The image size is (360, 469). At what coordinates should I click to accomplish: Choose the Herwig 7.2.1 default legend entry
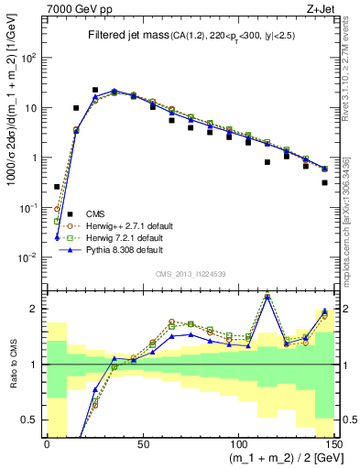tap(120, 236)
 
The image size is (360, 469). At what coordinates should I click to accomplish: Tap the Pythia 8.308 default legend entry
tap(119, 249)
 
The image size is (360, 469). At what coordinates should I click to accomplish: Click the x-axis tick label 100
tap(237, 442)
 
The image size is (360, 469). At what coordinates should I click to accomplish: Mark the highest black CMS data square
tap(95, 91)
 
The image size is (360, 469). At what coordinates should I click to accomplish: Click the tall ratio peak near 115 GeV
tap(267, 295)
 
